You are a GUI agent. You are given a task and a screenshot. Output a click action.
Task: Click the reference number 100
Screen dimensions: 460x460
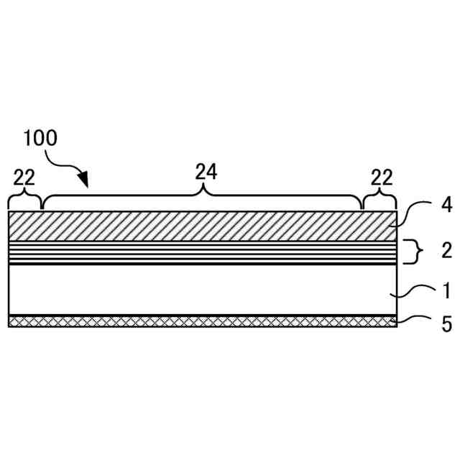tap(40, 137)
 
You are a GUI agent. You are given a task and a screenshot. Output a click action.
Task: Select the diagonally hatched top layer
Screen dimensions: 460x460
tap(201, 226)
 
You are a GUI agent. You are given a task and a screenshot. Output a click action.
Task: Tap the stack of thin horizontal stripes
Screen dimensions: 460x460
tap(201, 252)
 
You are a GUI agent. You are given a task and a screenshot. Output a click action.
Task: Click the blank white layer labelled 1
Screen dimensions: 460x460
tap(201, 290)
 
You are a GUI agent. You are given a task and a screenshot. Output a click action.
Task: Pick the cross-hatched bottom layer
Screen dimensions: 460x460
tap(201, 321)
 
